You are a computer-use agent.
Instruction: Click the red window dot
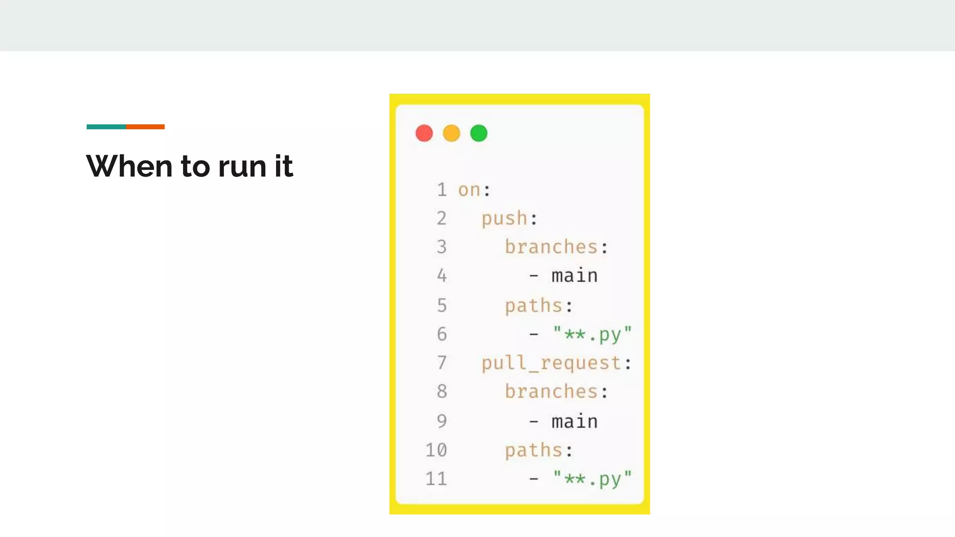(424, 133)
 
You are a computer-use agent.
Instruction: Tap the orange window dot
(451, 133)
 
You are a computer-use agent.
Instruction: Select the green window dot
(478, 133)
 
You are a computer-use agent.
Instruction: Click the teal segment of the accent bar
(106, 127)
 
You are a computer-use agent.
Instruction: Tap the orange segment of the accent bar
(145, 127)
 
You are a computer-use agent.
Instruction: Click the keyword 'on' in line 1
(469, 190)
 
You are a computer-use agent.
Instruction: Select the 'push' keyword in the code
(504, 219)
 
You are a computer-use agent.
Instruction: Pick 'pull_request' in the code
(551, 363)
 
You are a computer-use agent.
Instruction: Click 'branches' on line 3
(551, 247)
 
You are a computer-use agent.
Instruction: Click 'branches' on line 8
(551, 392)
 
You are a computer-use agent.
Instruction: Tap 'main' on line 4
(574, 276)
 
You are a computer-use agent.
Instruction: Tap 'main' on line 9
(574, 421)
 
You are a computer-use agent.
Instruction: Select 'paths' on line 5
(533, 306)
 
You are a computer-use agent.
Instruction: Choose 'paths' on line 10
(533, 450)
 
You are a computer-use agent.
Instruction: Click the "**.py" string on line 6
(592, 334)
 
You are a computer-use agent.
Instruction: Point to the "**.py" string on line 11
(592, 479)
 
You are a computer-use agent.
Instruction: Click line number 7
(442, 363)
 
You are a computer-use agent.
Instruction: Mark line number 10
(436, 450)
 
